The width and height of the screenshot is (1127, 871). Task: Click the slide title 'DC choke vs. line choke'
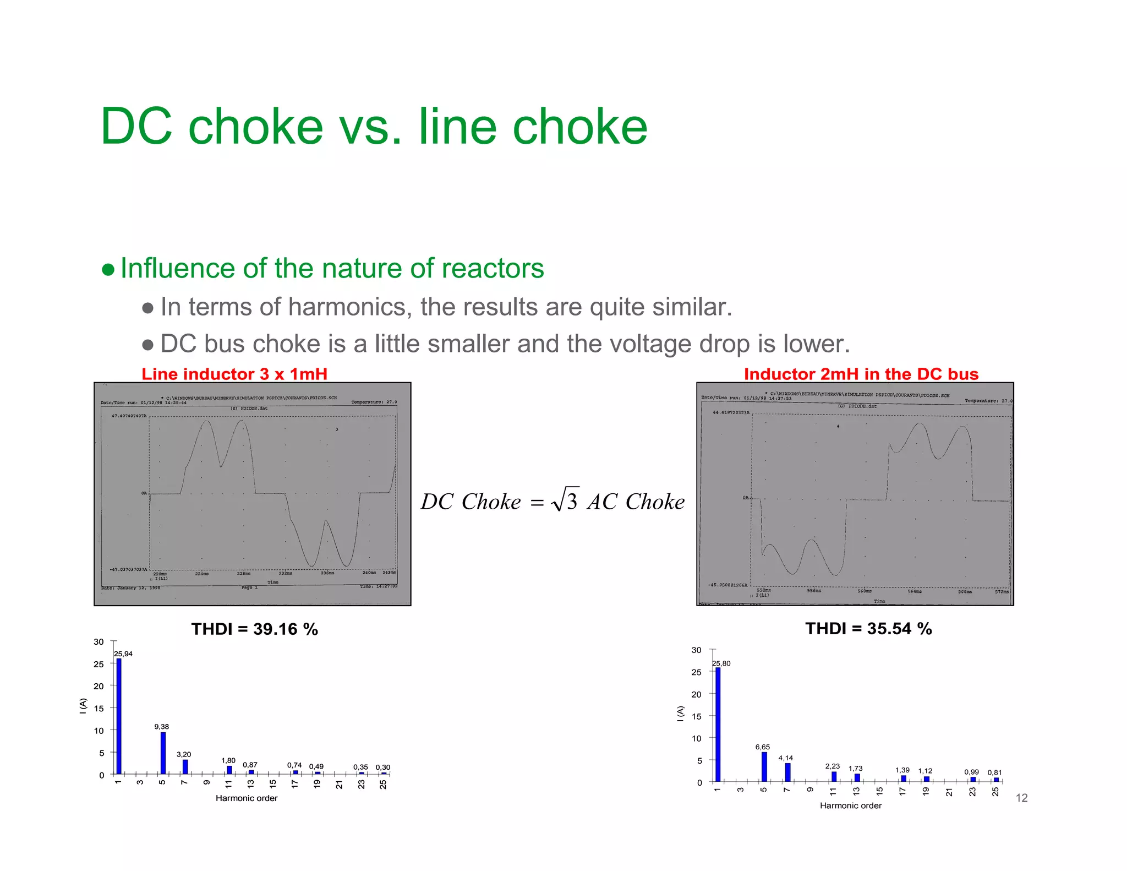(x=374, y=127)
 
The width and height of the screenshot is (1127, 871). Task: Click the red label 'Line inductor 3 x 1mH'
(x=234, y=374)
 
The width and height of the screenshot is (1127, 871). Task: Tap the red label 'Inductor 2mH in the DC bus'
(x=861, y=374)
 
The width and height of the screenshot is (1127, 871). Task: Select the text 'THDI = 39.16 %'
(x=254, y=629)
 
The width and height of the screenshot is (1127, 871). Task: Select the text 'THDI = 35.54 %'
(x=868, y=628)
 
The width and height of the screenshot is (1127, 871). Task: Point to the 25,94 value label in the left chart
(x=123, y=654)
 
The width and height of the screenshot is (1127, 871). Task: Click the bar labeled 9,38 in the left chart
(x=163, y=753)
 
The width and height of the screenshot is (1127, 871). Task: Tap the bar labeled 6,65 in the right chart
(x=764, y=766)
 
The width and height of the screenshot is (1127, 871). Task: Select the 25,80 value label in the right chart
(x=721, y=663)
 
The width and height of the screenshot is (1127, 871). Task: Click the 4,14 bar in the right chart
(x=787, y=772)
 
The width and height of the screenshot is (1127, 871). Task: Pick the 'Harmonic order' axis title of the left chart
(x=247, y=798)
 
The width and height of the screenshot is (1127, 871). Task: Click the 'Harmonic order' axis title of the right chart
(x=850, y=805)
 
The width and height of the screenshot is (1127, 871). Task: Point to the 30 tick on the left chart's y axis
(x=99, y=642)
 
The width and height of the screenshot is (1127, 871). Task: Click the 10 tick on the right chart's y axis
(x=696, y=738)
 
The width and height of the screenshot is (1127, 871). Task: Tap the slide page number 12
(x=1021, y=798)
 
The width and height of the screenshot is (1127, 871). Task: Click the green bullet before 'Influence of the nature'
(x=108, y=270)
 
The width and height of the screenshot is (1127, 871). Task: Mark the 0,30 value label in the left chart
(x=382, y=767)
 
